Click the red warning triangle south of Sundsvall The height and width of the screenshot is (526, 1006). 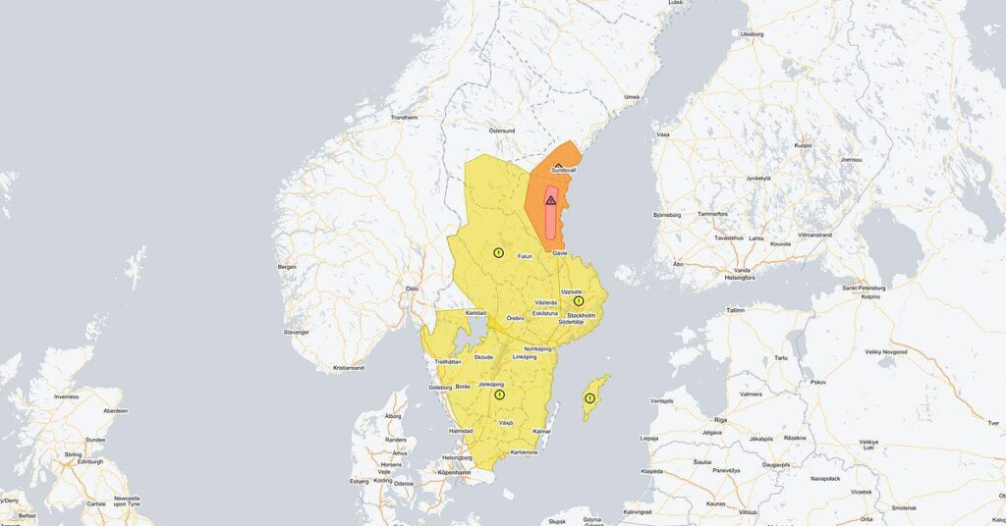551,200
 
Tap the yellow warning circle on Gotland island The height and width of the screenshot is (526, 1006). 589,398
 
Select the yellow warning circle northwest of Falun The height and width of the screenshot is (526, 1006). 498,253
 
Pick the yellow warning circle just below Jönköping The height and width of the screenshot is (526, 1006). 500,394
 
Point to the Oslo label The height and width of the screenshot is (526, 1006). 413,289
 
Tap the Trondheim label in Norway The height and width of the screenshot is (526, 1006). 404,117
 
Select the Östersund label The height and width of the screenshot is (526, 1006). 502,131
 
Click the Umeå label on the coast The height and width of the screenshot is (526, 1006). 632,96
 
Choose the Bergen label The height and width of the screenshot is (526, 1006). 287,266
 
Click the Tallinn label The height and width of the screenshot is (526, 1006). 736,309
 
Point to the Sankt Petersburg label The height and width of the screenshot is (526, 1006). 864,288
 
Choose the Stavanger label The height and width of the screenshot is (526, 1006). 296,332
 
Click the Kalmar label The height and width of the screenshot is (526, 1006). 541,432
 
